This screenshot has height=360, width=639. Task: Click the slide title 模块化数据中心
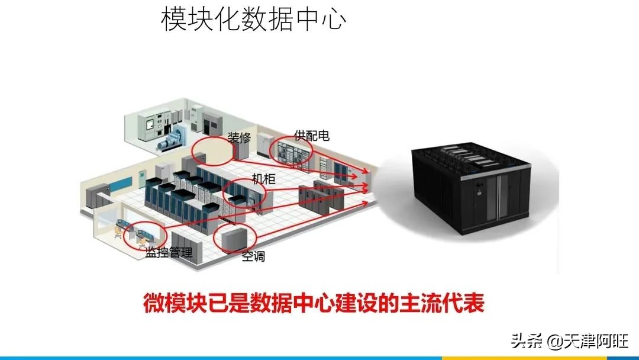point(253,19)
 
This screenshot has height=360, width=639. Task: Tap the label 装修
point(239,138)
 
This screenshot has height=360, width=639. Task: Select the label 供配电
point(312,136)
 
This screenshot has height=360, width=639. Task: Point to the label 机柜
point(264,179)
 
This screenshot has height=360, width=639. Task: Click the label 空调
point(253,256)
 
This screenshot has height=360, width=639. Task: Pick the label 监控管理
point(169,253)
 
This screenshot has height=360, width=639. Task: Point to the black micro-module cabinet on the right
point(471,188)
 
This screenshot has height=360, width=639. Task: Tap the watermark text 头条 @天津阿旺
point(570,341)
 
